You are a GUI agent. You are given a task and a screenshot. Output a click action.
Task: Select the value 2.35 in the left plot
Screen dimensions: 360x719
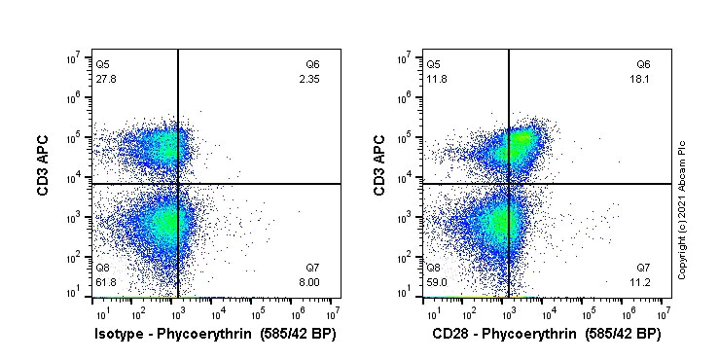point(309,77)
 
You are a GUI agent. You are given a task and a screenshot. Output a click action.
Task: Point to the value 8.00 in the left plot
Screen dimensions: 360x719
point(309,279)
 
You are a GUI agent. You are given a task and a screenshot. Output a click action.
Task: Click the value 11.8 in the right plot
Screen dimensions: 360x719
point(436,77)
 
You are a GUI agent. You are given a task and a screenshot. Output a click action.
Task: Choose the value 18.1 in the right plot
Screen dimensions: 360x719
point(641,77)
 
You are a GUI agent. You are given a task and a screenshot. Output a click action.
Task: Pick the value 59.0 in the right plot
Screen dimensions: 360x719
point(436,279)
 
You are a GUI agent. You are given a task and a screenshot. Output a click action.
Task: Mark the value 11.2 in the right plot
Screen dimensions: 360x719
point(641,279)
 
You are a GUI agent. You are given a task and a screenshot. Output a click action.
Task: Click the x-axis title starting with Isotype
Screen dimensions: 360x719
point(210,334)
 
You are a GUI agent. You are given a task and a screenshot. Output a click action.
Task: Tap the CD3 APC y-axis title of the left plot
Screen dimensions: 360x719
point(44,165)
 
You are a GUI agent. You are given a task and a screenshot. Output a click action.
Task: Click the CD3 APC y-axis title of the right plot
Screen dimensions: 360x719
point(379,165)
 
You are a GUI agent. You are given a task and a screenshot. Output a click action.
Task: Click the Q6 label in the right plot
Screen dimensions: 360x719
point(643,64)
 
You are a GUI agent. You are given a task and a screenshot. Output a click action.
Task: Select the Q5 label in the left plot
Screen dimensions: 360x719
point(102,64)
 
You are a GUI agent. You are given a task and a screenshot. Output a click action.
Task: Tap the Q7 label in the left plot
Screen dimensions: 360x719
point(312,267)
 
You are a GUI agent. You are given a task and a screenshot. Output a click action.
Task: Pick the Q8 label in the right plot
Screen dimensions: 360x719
point(433,267)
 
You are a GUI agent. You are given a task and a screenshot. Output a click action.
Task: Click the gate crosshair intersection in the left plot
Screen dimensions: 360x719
point(178,183)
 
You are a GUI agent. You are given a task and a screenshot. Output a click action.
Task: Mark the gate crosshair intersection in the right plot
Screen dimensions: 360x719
point(509,183)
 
